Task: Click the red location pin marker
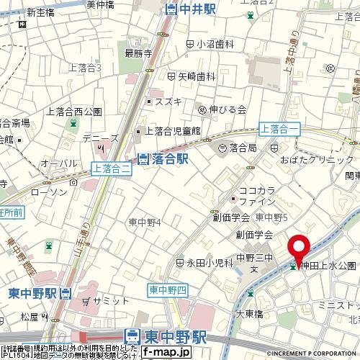tap(300, 248)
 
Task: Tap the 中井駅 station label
tap(189, 9)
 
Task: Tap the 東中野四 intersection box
tap(168, 289)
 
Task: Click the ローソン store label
tap(49, 193)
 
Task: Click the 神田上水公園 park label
tap(328, 266)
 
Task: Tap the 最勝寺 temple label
tap(138, 53)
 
